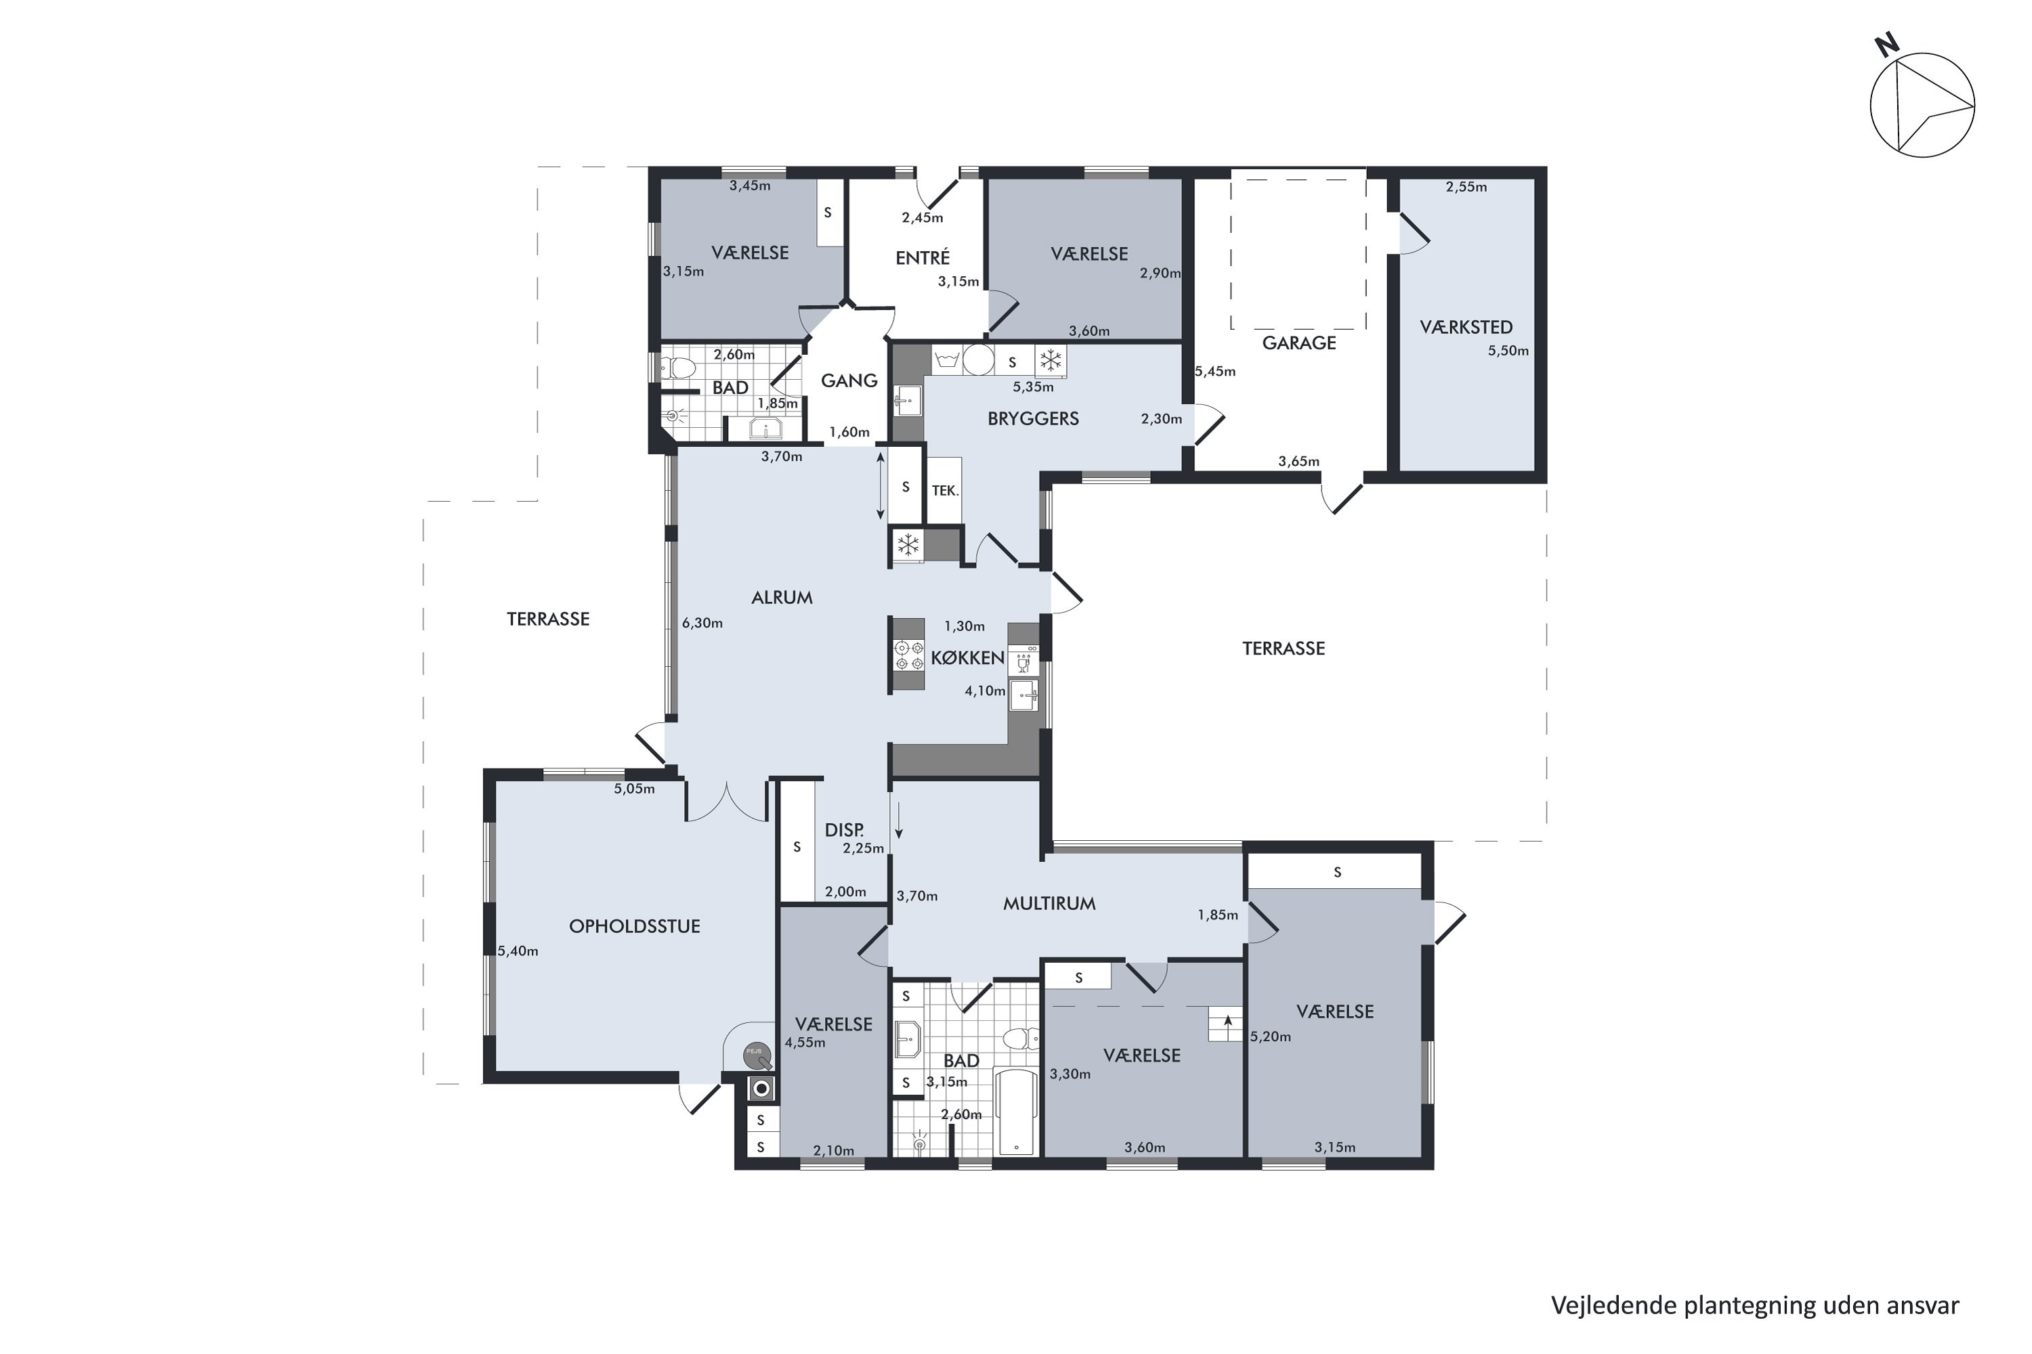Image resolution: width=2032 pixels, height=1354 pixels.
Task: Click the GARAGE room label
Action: click(1298, 343)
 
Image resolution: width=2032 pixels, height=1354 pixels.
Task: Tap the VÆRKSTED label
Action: click(1466, 327)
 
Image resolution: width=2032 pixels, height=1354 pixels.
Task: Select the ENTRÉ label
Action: click(923, 257)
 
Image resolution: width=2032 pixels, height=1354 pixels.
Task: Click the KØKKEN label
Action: click(968, 658)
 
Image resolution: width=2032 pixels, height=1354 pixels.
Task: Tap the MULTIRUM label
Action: click(1049, 903)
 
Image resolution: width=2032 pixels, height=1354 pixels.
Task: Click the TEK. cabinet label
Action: click(945, 490)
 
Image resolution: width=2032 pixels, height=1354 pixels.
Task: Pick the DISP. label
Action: click(844, 830)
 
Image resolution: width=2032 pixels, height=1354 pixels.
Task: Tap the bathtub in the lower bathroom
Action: click(1016, 1112)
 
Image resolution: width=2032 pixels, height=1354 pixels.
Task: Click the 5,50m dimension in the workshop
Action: click(1508, 351)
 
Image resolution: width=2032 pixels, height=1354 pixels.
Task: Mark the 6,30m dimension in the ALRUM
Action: click(702, 623)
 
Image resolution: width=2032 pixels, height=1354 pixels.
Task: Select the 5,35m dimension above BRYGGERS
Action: click(1034, 387)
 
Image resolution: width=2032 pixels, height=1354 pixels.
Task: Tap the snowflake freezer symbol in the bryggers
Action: click(1051, 360)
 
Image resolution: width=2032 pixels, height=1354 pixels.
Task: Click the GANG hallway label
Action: click(849, 380)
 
